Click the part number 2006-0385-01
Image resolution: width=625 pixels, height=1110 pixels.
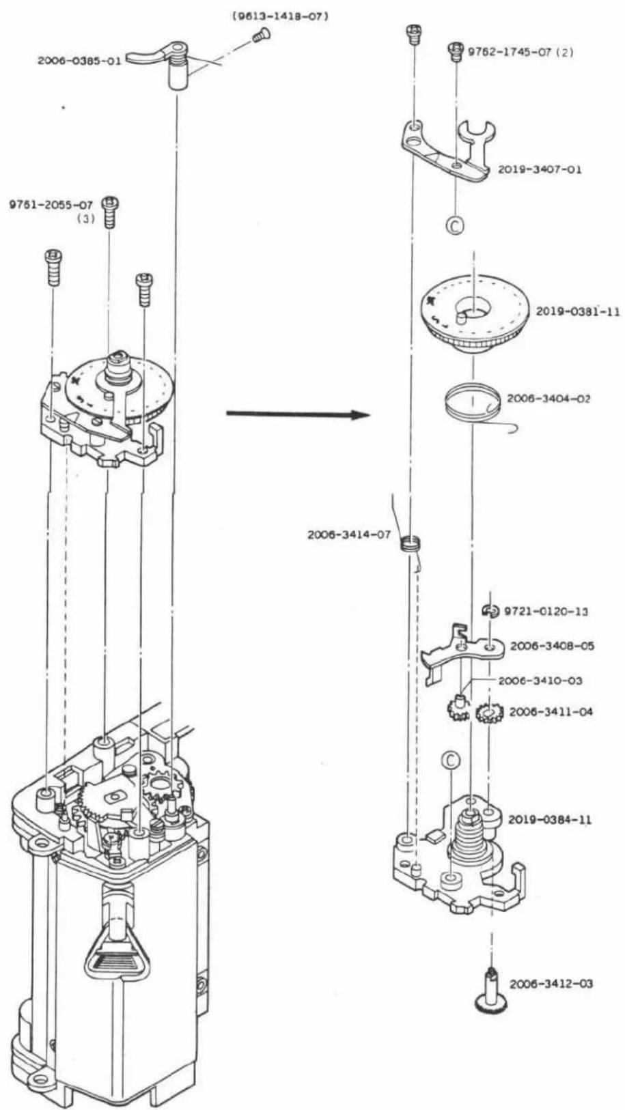[79, 61]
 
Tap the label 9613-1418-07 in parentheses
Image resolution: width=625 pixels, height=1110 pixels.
[280, 17]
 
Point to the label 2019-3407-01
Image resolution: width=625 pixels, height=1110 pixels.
[540, 169]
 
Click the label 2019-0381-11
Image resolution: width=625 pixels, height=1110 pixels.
[577, 312]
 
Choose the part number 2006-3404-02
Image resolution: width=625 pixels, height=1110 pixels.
[548, 399]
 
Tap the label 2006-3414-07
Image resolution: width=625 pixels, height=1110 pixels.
[349, 535]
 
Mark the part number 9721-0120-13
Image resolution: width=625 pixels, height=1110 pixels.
[546, 612]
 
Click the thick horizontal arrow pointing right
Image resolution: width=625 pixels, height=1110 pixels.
[298, 414]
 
